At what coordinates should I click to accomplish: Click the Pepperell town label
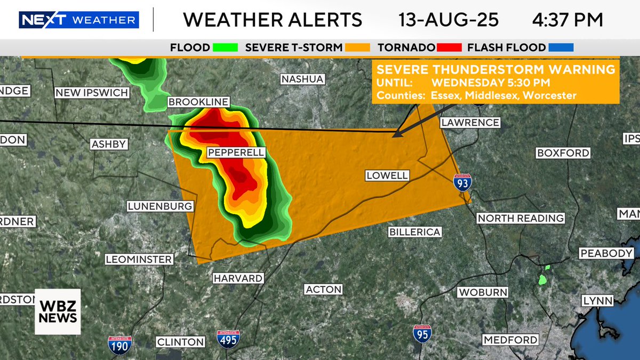tap(235, 153)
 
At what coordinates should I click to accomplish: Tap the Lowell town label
tap(387, 175)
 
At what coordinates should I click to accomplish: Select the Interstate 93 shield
tap(462, 182)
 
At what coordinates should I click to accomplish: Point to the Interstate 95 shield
tap(422, 333)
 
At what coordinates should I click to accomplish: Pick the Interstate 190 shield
tap(119, 345)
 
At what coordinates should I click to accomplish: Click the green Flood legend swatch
tap(225, 47)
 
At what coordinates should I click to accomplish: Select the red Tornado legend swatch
tap(449, 47)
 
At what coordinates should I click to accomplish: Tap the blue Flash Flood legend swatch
tap(559, 47)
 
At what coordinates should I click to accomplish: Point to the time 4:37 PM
tap(567, 20)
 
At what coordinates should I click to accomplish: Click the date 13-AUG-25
tap(449, 20)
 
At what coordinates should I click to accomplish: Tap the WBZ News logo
tap(58, 311)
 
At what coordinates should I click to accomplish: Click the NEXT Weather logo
tap(79, 20)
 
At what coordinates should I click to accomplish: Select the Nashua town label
tap(302, 79)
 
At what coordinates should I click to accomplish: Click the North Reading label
tap(521, 218)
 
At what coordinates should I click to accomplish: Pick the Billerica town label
tap(415, 232)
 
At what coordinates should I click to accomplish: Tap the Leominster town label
tap(139, 260)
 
